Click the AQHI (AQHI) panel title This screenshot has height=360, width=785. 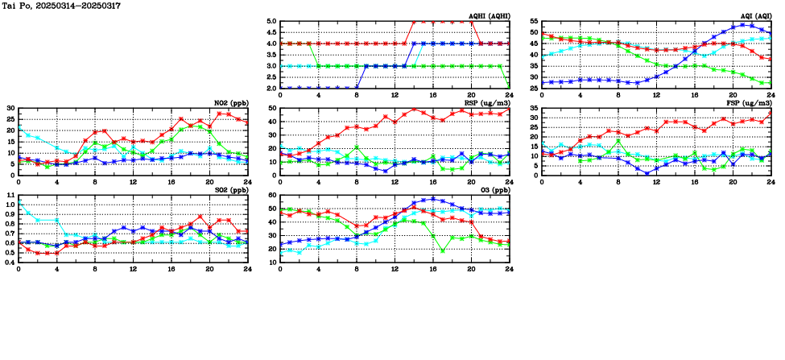coord(488,15)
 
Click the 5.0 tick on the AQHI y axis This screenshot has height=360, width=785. coord(271,22)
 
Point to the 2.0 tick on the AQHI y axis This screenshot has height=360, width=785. coord(271,89)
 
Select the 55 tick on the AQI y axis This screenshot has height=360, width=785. coord(533,22)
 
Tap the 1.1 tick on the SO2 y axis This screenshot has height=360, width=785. coord(10,196)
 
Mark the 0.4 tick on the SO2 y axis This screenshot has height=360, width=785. coord(10,262)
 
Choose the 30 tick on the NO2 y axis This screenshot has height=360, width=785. coord(10,109)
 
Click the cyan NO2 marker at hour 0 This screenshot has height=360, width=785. coord(19,128)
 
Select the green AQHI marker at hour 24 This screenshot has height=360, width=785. coord(510,88)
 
